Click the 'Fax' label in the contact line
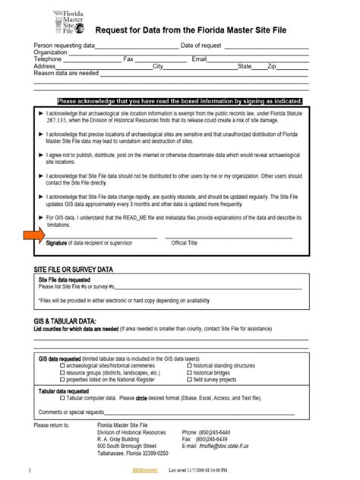click(x=128, y=59)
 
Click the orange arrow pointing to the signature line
click(x=33, y=236)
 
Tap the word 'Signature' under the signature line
click(x=56, y=243)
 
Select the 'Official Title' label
click(x=185, y=243)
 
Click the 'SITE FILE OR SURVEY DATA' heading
click(x=74, y=270)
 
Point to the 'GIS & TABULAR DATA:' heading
click(x=65, y=321)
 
